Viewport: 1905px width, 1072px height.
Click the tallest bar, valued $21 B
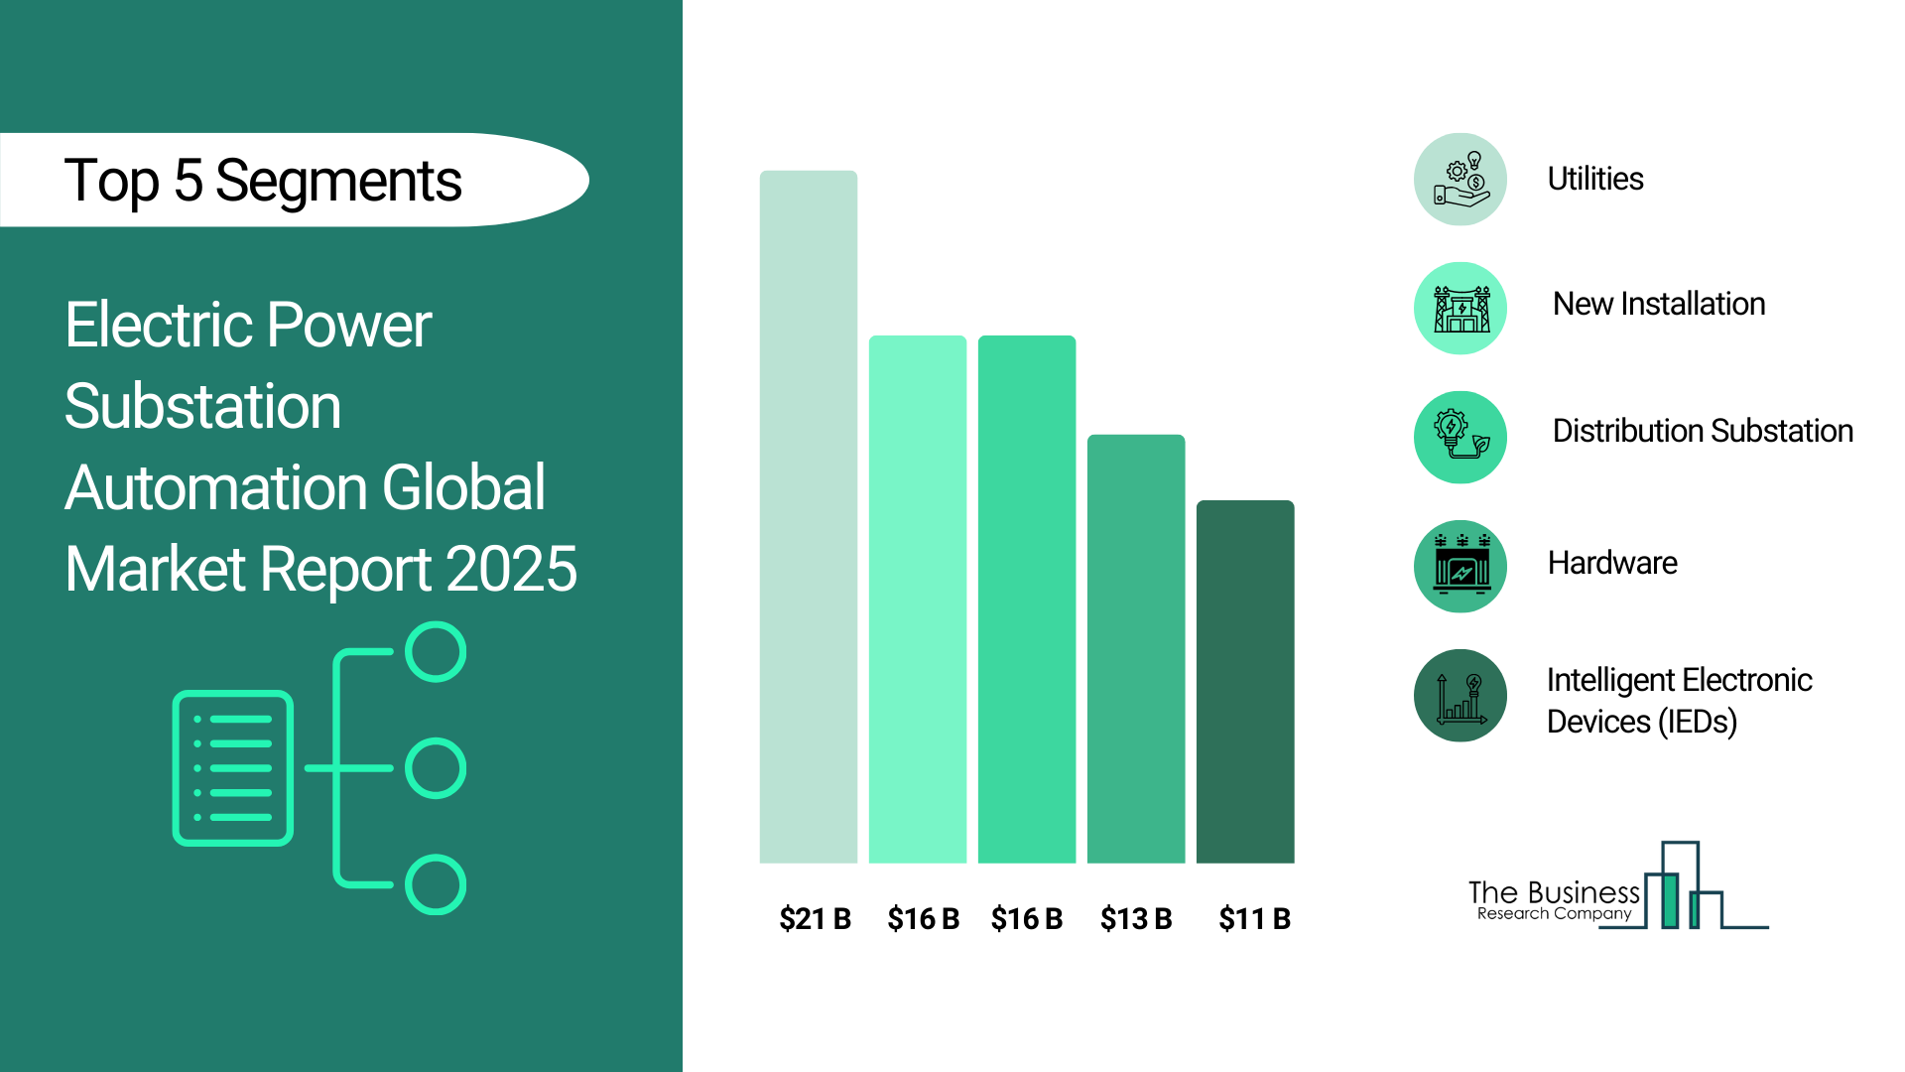[x=809, y=517]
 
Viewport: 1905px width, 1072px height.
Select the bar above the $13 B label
[x=1136, y=649]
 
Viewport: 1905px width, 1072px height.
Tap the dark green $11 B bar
[x=1245, y=682]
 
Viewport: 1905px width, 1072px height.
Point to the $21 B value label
[x=815, y=919]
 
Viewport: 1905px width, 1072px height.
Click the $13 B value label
[x=1136, y=919]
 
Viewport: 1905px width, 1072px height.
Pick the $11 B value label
[x=1254, y=919]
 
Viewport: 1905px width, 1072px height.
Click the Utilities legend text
[x=1595, y=179]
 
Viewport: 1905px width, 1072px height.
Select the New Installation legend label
[x=1659, y=304]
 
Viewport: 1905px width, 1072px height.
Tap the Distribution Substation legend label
[x=1703, y=431]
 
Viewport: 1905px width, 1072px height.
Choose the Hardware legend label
[x=1612, y=563]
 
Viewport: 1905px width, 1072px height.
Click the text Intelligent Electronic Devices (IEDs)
[x=1679, y=701]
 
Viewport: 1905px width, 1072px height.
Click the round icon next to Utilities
[x=1460, y=180]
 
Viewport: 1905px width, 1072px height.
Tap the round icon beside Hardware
[x=1460, y=567]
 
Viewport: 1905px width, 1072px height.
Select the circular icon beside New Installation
[x=1460, y=309]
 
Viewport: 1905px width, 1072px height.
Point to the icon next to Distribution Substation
[x=1460, y=438]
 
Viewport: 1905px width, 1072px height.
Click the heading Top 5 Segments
[x=263, y=182]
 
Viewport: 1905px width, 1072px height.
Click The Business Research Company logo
[x=1618, y=886]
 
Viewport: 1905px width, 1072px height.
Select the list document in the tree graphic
[x=233, y=768]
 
